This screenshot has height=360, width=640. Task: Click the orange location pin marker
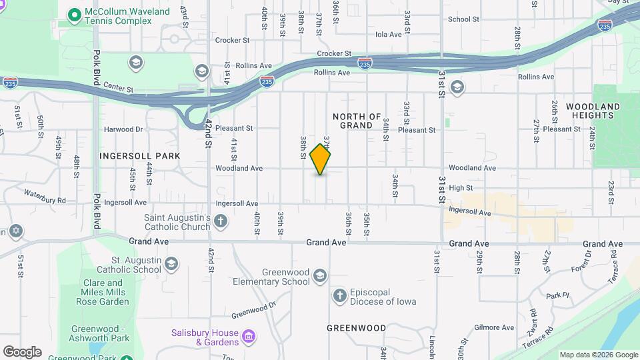321,159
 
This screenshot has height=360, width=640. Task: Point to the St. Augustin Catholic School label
129,265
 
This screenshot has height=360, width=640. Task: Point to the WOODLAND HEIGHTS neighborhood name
593,111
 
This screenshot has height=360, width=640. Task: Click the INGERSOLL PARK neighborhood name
140,156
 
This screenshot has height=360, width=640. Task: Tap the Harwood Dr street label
124,129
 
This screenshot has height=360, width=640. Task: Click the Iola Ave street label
389,34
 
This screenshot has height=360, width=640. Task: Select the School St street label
463,19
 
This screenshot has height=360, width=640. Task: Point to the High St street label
461,189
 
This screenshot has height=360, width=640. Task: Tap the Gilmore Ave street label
494,327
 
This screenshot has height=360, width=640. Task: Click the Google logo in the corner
22,351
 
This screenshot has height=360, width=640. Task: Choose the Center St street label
119,89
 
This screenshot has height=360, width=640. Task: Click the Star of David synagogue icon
15,232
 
